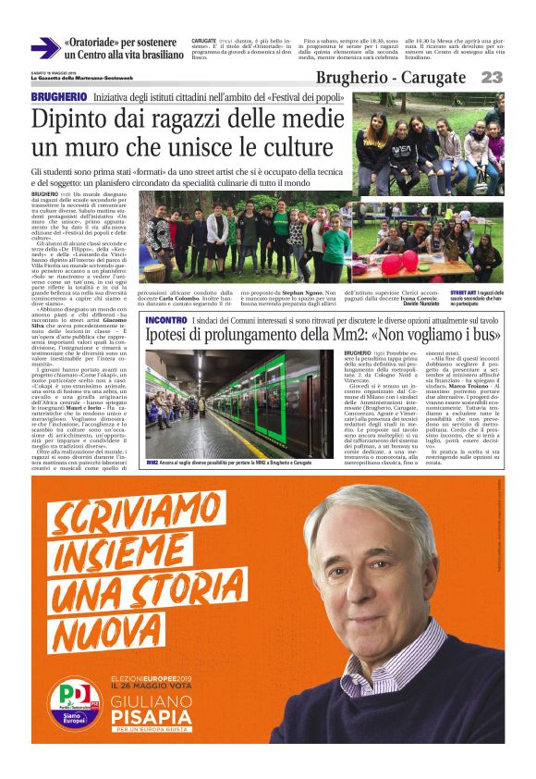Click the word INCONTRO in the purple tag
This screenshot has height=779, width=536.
pyautogui.click(x=167, y=319)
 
